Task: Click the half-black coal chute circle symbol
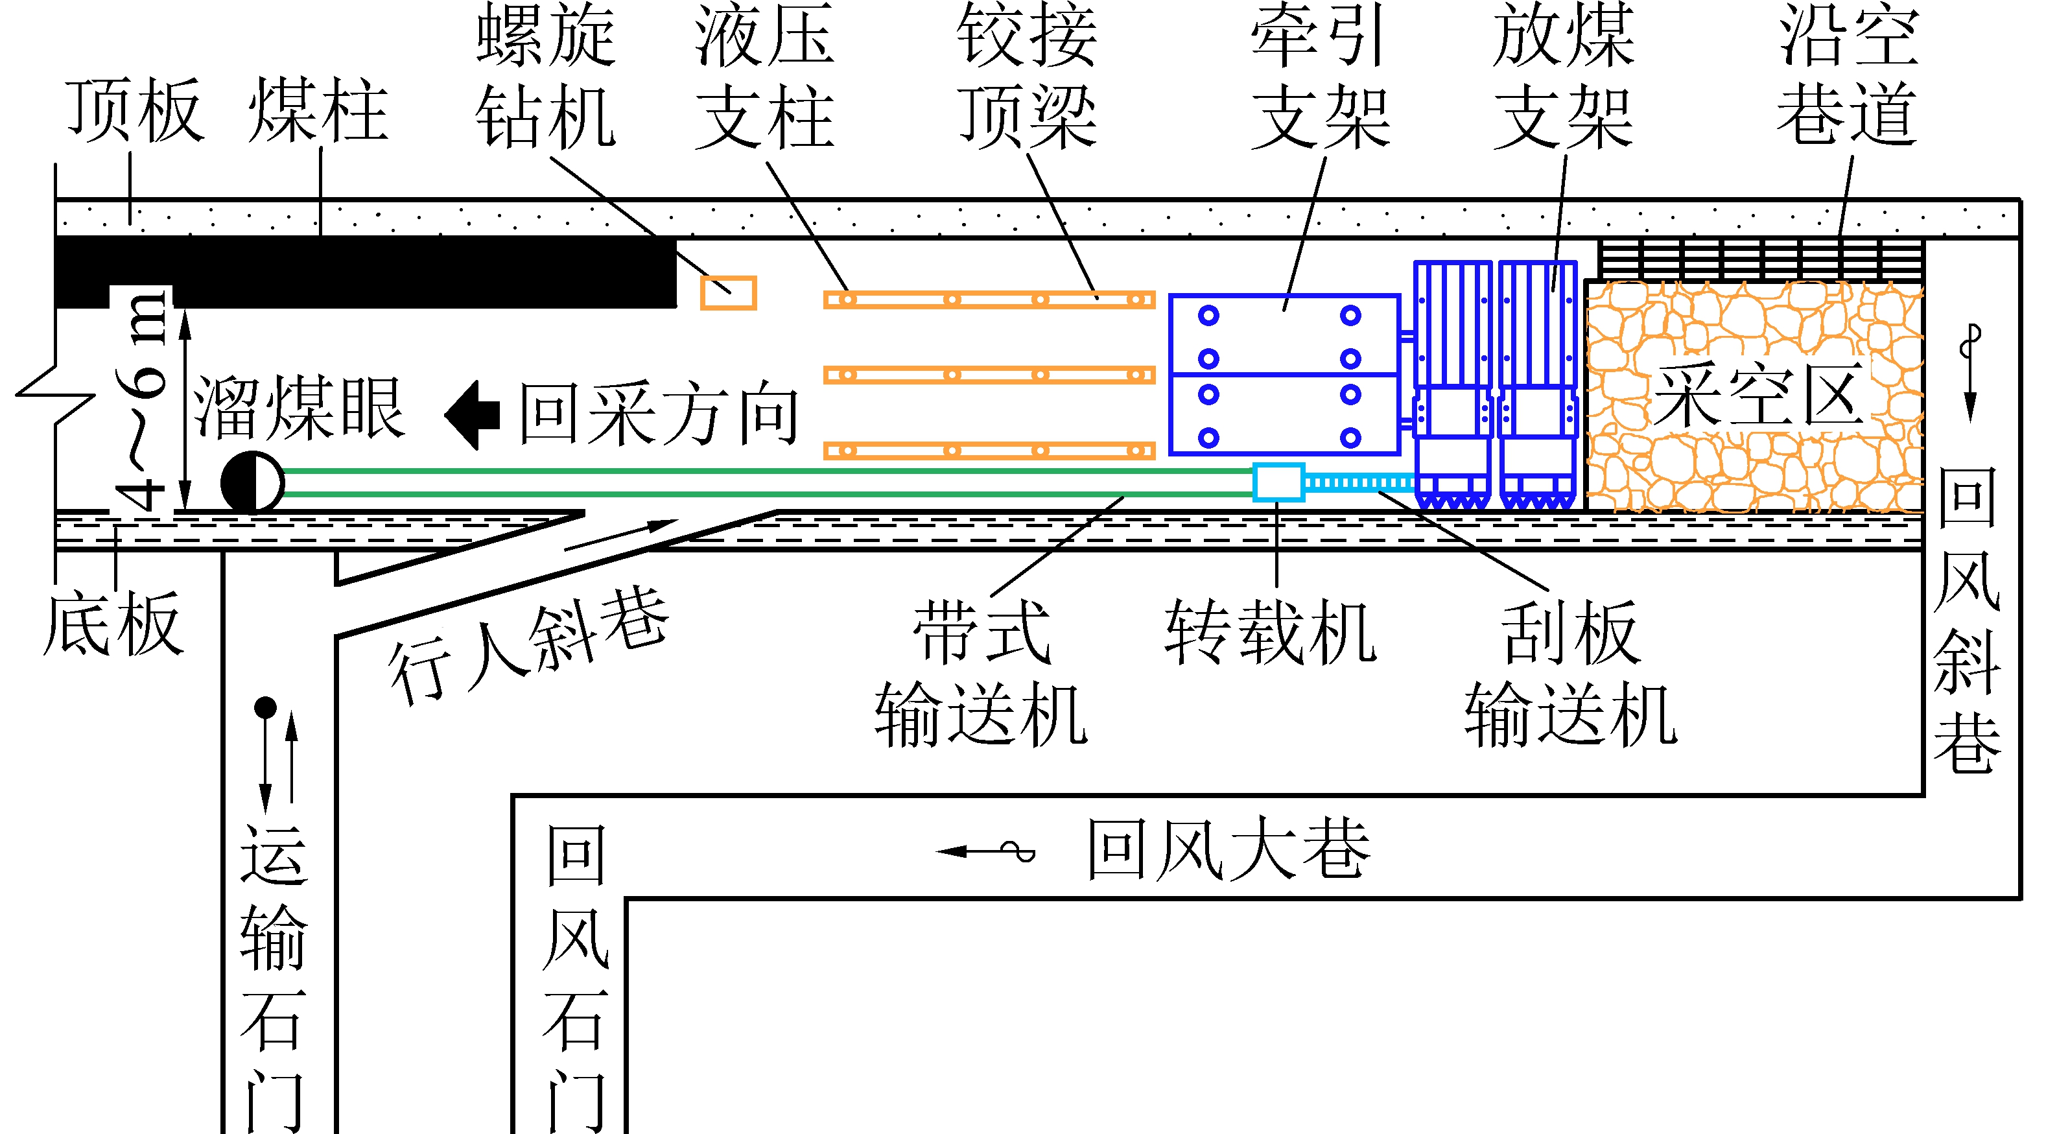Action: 252,482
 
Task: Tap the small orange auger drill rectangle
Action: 728,293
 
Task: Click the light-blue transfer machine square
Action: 1278,482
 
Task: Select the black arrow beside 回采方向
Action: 473,415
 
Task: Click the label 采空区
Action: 1757,396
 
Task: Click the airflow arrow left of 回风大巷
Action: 985,851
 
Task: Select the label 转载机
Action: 1269,632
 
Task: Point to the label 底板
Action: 113,624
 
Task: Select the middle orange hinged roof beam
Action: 989,375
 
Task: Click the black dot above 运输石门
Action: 265,707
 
